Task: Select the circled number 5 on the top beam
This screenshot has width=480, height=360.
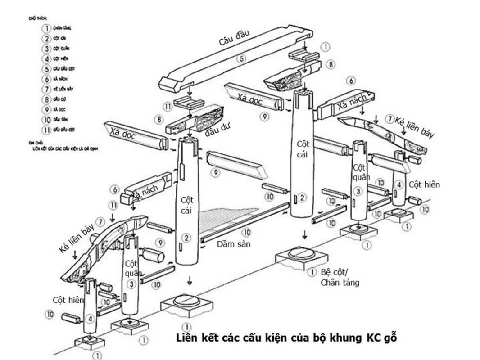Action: pyautogui.click(x=242, y=58)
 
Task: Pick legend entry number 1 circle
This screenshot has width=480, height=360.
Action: pyautogui.click(x=46, y=28)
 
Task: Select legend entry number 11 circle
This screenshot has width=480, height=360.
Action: pyautogui.click(x=46, y=130)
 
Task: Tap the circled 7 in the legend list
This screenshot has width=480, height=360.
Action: pyautogui.click(x=46, y=89)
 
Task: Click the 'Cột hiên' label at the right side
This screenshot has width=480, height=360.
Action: pyautogui.click(x=424, y=184)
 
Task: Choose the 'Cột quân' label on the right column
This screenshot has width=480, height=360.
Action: pyautogui.click(x=360, y=172)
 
